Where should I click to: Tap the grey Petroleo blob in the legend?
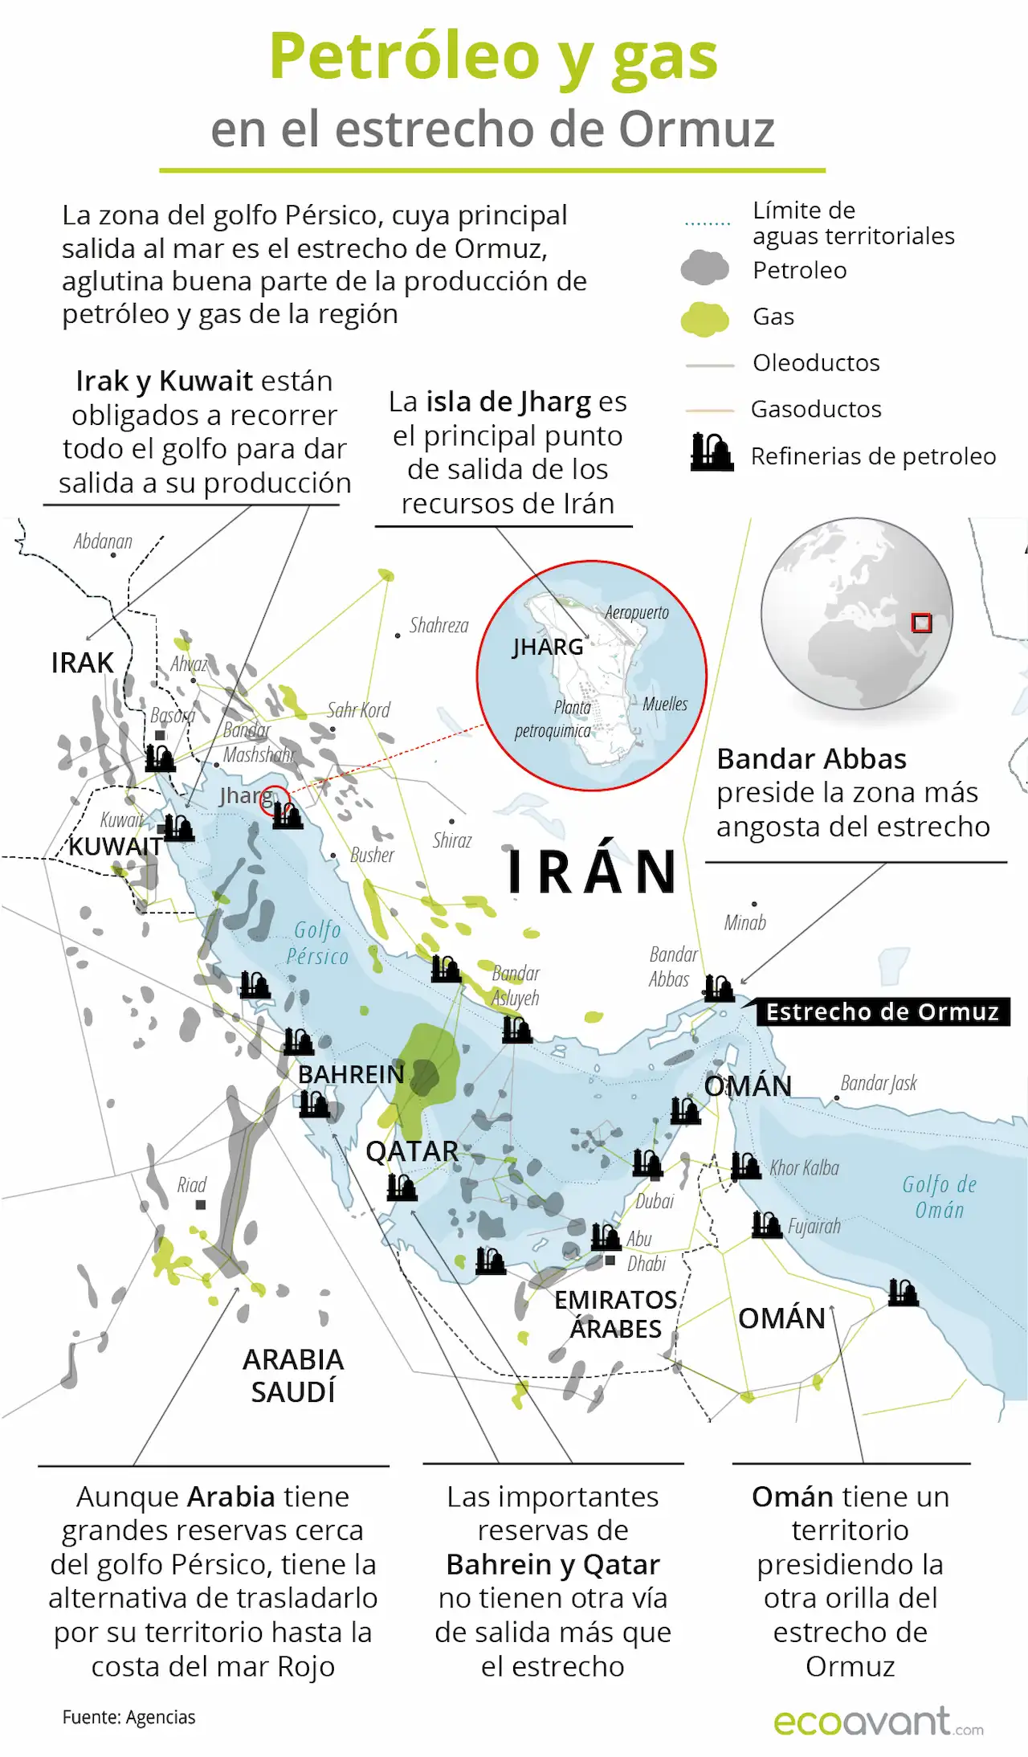(704, 268)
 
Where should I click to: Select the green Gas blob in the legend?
(704, 318)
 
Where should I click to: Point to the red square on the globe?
(921, 623)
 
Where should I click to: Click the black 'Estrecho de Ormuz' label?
(882, 1011)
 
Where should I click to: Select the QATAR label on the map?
(411, 1151)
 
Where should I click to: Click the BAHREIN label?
(351, 1074)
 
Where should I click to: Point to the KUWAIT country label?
(116, 847)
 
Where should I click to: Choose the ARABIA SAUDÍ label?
(293, 1375)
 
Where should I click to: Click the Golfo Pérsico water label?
(318, 943)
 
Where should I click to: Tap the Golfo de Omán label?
(939, 1197)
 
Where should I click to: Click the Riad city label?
(192, 1185)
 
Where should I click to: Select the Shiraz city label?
(452, 840)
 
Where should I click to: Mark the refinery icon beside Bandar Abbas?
(719, 988)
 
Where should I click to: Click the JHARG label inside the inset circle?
(548, 647)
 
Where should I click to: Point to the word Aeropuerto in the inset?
(637, 612)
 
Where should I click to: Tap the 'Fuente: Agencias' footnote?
(128, 1717)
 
